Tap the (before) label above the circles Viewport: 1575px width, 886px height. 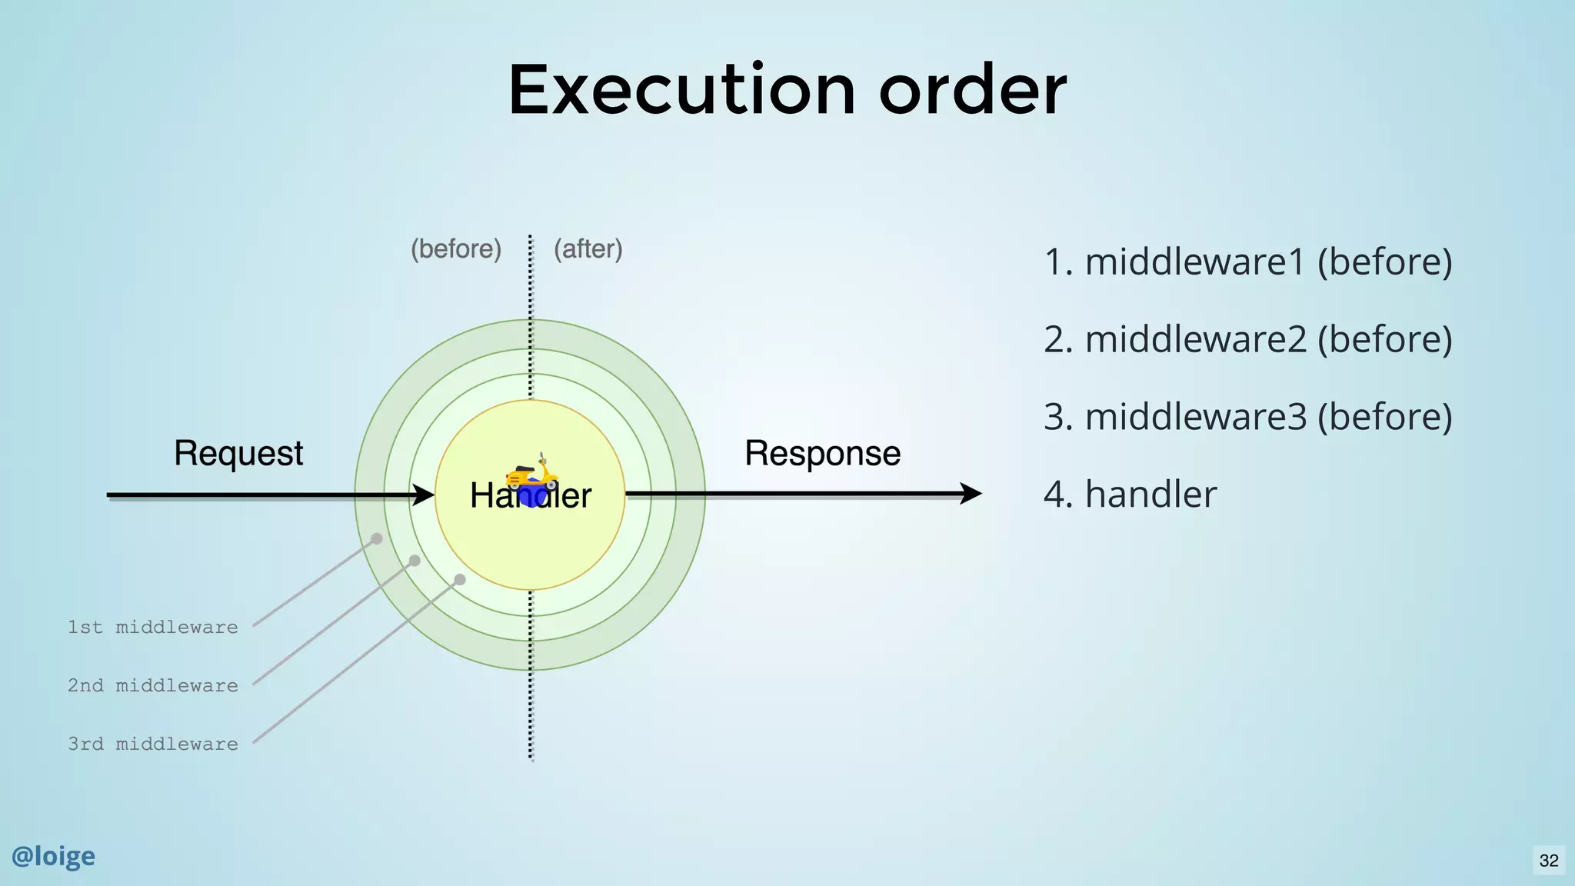pos(456,249)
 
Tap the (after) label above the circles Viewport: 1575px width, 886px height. pos(588,249)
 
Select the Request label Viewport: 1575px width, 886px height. pos(238,453)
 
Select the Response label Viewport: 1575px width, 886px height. pos(822,453)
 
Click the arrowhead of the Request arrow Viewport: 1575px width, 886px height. pos(424,495)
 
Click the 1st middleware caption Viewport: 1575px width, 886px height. pos(153,627)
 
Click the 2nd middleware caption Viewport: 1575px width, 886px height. pos(153,685)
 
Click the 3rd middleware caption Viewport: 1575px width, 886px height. pos(153,744)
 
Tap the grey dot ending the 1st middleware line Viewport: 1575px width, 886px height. pos(377,538)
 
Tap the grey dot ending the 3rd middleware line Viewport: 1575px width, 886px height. pos(460,579)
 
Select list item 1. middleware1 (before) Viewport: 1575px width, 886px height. pos(1247,262)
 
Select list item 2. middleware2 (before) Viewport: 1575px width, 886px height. pos(1247,339)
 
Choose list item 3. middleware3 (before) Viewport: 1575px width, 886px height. pos(1247,417)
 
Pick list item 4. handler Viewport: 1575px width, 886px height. pos(1130,494)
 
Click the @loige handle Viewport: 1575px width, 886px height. pos(53,856)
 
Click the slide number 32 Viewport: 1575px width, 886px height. pos(1549,861)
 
